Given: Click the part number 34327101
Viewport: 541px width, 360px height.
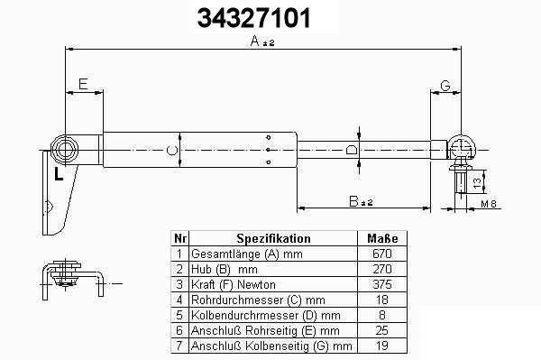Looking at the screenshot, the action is (x=253, y=18).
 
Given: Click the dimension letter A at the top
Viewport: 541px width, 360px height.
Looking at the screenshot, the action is (x=255, y=42).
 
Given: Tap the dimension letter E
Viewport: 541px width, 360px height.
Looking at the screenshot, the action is (x=83, y=84).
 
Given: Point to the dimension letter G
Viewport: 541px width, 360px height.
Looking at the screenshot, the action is (x=445, y=85).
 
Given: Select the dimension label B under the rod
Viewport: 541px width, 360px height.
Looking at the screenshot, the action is (x=353, y=201).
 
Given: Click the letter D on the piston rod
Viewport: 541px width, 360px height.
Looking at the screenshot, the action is (x=352, y=150).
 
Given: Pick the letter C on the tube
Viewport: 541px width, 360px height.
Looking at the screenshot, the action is (x=172, y=150).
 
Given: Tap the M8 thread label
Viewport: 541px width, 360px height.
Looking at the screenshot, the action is (x=489, y=204).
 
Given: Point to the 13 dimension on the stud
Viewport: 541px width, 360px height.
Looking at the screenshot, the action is (x=477, y=182).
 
